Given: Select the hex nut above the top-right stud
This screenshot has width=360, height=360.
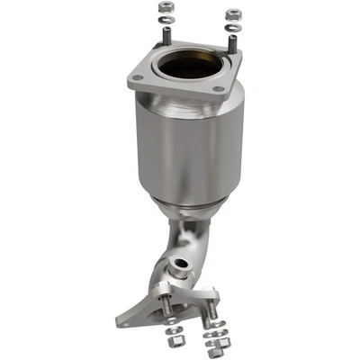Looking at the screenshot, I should [x=232, y=14].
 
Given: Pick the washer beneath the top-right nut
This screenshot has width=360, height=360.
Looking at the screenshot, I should [x=232, y=26].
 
